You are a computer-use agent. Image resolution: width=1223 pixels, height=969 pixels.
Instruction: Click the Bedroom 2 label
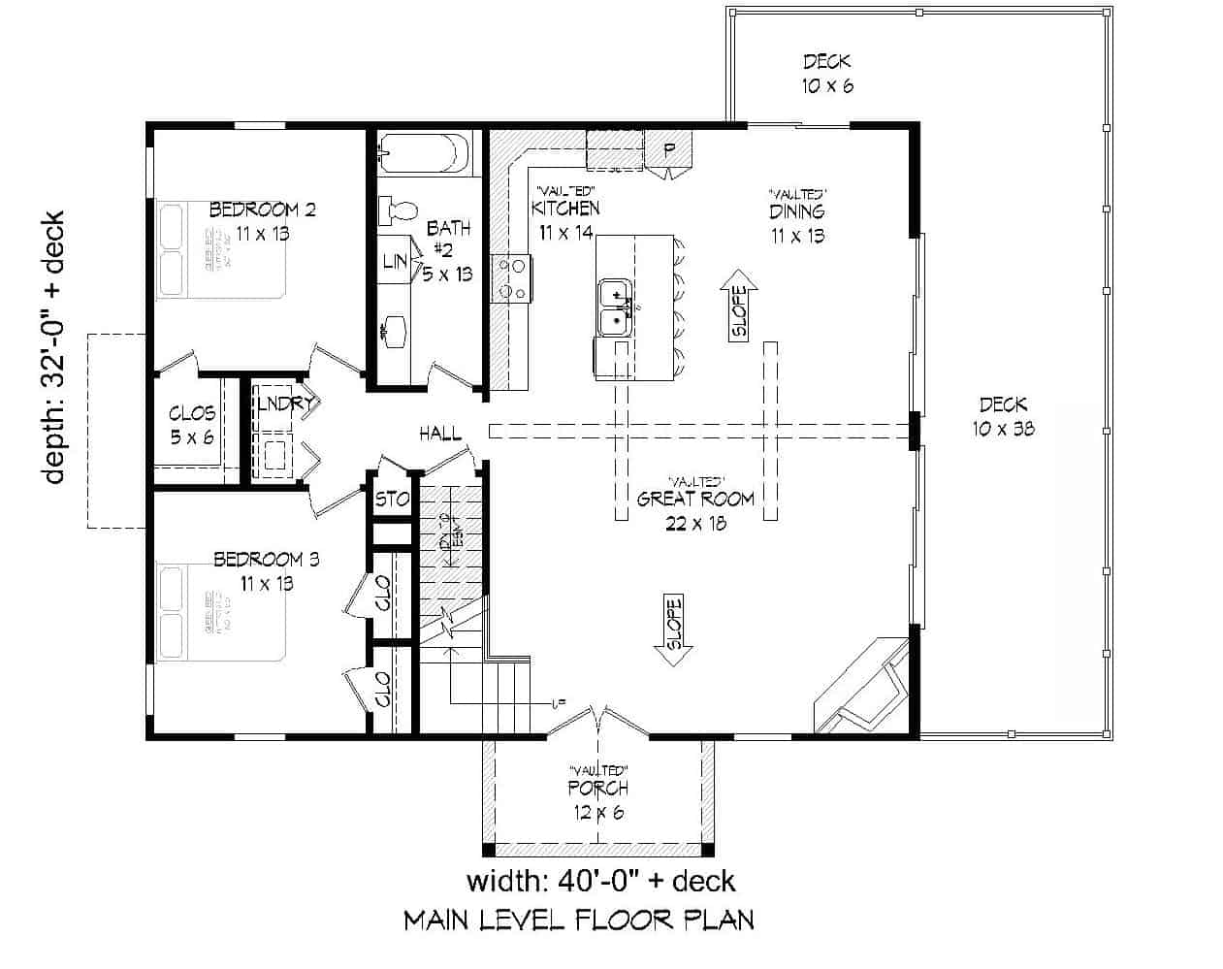(263, 210)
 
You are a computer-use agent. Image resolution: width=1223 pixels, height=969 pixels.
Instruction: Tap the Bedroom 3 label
(267, 560)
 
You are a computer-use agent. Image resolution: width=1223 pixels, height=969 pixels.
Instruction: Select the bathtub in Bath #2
(423, 153)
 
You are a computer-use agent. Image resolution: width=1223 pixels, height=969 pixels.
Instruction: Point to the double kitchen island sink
(615, 307)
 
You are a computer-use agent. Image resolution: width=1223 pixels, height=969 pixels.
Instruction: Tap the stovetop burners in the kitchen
(509, 278)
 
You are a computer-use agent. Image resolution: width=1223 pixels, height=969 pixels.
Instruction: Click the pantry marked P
(668, 149)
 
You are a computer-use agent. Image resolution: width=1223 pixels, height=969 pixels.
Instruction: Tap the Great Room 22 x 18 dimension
(695, 524)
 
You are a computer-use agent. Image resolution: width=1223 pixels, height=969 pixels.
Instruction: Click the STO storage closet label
(392, 501)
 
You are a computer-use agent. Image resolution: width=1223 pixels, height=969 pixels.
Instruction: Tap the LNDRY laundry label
(283, 404)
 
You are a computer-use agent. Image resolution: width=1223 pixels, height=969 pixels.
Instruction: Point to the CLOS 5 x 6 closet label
(192, 425)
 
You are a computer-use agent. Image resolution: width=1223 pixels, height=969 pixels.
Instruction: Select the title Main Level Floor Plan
(578, 920)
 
